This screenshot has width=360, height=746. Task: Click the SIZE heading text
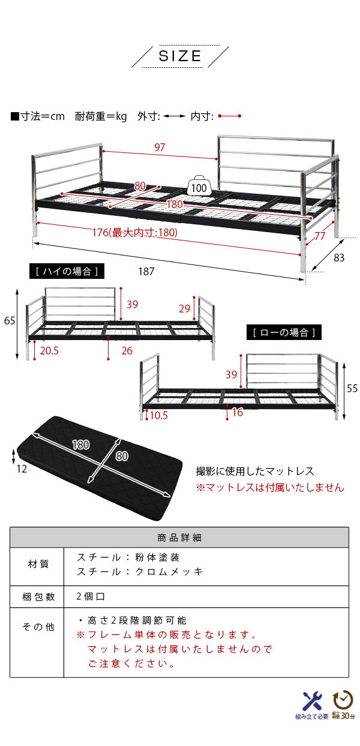(180, 56)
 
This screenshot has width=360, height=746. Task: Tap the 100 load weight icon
(199, 186)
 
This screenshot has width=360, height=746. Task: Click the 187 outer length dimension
(146, 271)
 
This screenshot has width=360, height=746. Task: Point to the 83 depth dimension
(340, 258)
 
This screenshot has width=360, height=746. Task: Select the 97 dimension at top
(159, 148)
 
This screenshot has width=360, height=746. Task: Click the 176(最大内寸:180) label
(142, 233)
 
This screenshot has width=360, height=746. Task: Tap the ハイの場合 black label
(66, 272)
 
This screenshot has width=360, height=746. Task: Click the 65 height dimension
(9, 321)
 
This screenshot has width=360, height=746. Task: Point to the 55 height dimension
(352, 388)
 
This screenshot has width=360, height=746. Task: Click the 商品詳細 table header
(179, 537)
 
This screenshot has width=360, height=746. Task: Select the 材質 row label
(38, 564)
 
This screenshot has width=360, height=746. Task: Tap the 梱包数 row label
(38, 597)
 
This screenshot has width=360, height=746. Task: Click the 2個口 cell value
(91, 597)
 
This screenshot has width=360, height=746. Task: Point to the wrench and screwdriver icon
(312, 700)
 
